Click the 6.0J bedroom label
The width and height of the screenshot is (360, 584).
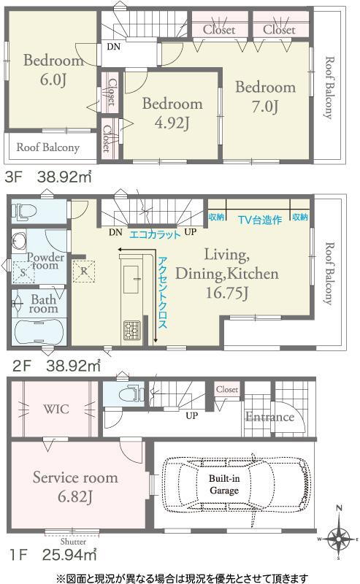tap(53, 69)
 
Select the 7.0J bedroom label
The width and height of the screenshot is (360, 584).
tap(265, 96)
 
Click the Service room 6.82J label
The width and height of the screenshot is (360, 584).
tap(75, 487)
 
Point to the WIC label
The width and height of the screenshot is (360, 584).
tap(56, 409)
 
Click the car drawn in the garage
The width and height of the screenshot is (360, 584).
tap(236, 485)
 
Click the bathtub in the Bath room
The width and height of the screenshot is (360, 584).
tap(39, 331)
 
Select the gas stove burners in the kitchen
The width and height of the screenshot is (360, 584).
tap(132, 330)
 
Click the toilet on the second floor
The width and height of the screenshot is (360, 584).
tap(24, 212)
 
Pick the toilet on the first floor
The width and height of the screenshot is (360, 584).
tap(131, 393)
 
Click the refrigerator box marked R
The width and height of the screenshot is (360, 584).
tap(84, 271)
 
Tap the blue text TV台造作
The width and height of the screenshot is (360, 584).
tap(260, 220)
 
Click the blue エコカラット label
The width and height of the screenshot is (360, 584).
tap(154, 234)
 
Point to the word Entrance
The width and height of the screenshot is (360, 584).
tap(269, 417)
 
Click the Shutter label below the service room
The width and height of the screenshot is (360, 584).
tap(73, 542)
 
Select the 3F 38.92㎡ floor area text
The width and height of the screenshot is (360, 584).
tap(47, 177)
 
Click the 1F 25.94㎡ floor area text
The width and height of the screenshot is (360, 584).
tap(53, 555)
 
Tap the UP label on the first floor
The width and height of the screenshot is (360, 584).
tap(191, 415)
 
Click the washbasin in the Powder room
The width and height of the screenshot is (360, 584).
tap(19, 242)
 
